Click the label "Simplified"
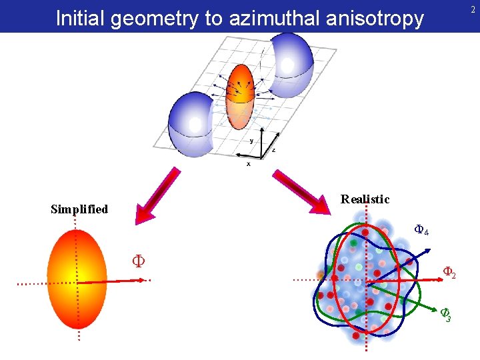pyautogui.click(x=79, y=209)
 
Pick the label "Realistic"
pyautogui.click(x=365, y=199)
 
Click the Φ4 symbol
pyautogui.click(x=421, y=231)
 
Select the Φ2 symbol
pyautogui.click(x=449, y=273)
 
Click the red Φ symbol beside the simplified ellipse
pyautogui.click(x=138, y=260)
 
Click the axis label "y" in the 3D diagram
pyautogui.click(x=251, y=141)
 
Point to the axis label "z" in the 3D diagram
pyautogui.click(x=273, y=151)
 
